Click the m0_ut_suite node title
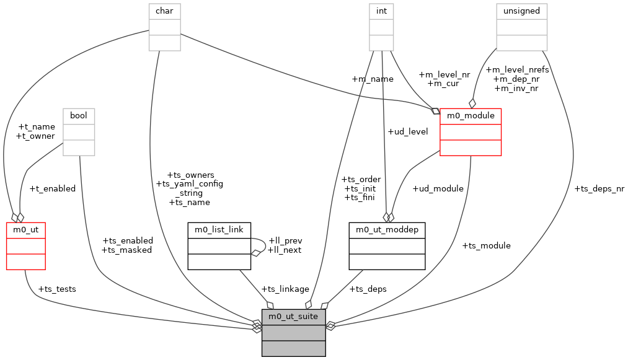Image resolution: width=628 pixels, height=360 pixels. tap(293, 317)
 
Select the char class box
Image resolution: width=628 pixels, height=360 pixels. tap(164, 27)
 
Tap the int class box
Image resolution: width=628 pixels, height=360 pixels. tap(381, 27)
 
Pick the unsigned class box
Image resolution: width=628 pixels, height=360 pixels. tap(521, 27)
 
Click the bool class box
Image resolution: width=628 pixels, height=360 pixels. tap(78, 131)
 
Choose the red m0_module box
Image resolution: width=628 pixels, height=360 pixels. tap(470, 131)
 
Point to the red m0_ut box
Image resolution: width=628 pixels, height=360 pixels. tap(25, 246)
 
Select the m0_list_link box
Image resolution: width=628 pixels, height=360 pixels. tap(219, 246)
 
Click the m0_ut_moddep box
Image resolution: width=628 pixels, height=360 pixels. tap(387, 246)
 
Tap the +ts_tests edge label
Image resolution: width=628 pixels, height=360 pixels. tap(57, 289)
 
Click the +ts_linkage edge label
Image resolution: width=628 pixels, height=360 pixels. tap(285, 289)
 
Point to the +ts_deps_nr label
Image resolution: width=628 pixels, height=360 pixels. tap(599, 188)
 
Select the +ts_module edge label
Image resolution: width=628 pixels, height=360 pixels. tap(486, 245)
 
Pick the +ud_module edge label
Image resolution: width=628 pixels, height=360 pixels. tap(438, 188)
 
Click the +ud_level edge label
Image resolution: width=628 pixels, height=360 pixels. tap(407, 131)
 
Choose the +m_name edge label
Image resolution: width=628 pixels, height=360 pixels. tap(372, 79)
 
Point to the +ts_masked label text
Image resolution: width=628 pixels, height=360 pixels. tap(126, 250)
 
